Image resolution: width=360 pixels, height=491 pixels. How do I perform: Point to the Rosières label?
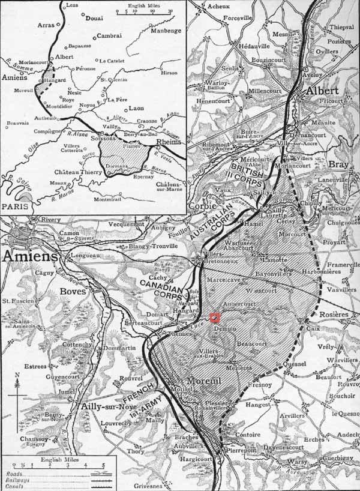pyautogui.click(x=335, y=314)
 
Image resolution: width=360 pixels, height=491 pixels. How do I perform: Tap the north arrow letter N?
pyautogui.click(x=19, y=375)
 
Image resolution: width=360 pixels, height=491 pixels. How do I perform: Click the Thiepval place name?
pyautogui.click(x=341, y=27)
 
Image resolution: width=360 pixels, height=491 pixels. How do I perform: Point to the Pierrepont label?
pyautogui.click(x=239, y=450)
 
